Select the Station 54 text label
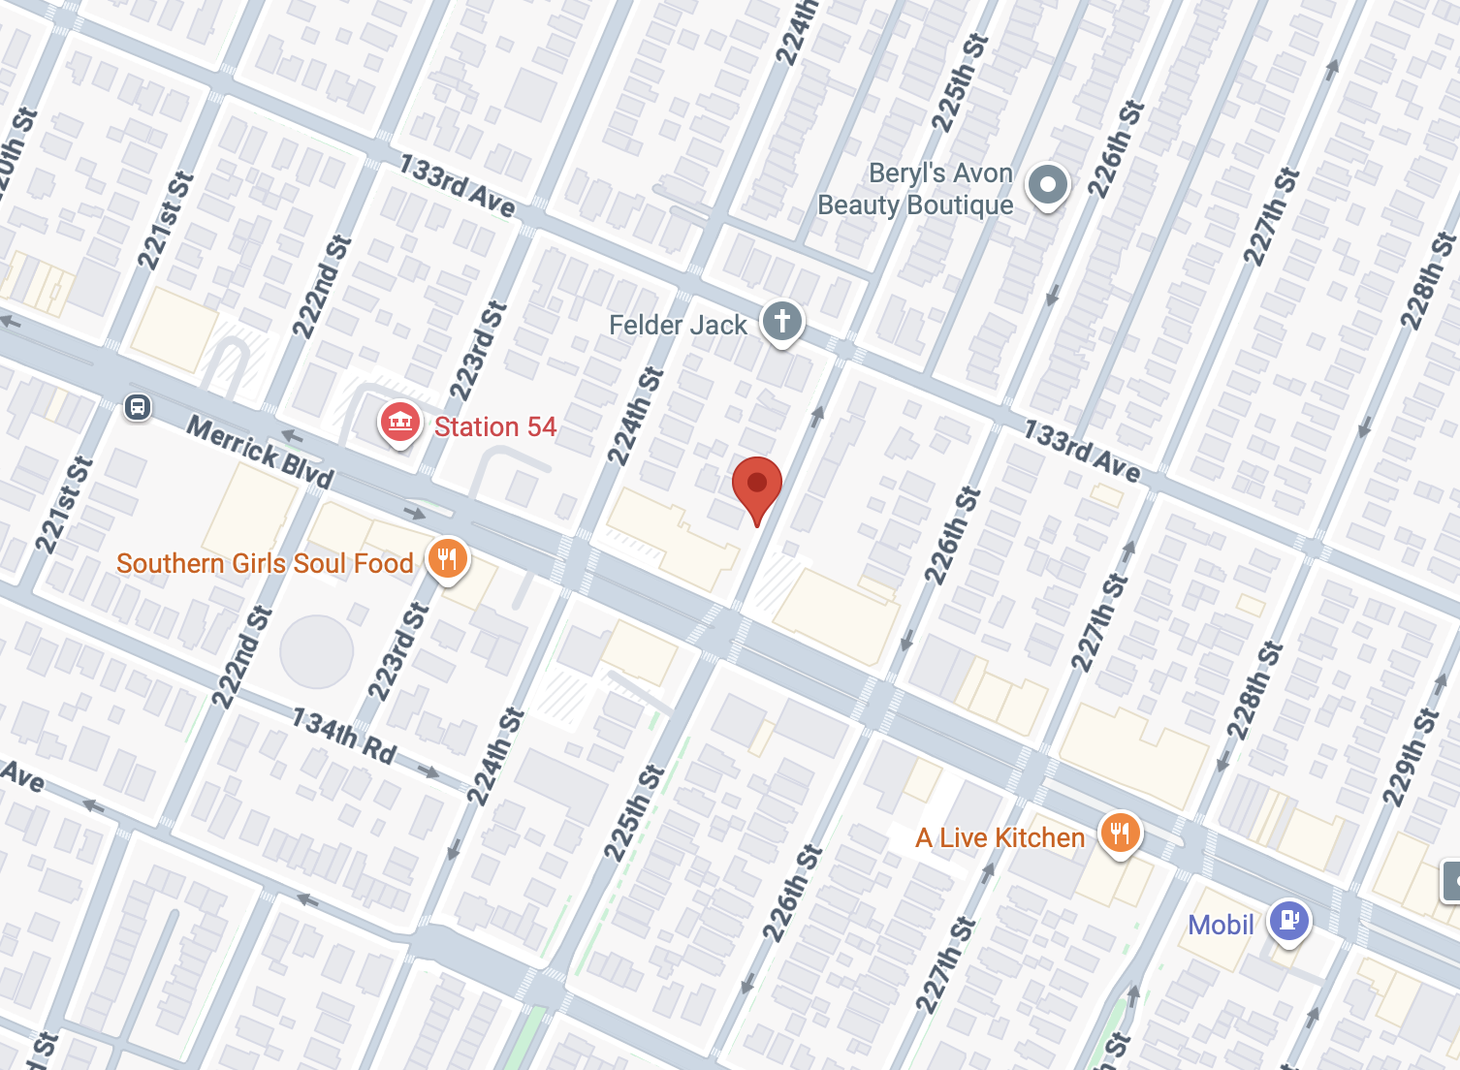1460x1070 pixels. click(494, 426)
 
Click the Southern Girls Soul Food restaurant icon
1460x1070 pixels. click(447, 559)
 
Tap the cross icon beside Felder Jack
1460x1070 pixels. click(781, 321)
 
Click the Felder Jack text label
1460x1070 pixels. click(678, 325)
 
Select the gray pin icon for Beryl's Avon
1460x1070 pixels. click(1047, 184)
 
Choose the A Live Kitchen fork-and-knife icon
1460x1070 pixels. click(1120, 833)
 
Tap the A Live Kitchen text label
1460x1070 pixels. click(1000, 837)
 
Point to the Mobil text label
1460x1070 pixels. click(1221, 925)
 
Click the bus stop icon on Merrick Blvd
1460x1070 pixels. click(138, 407)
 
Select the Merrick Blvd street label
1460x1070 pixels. click(260, 452)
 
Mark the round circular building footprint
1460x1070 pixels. click(317, 651)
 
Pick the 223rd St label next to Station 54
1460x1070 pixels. click(478, 351)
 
